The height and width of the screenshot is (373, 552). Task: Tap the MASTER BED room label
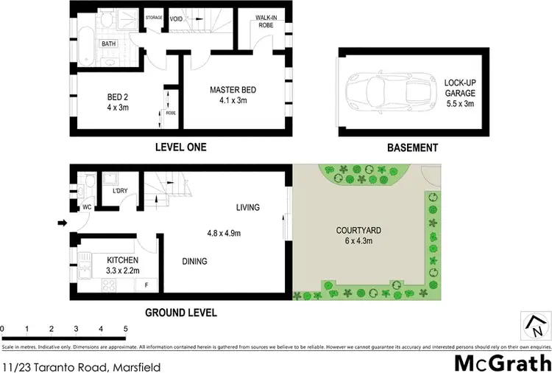pos(233,90)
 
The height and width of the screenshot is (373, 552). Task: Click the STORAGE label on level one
pos(154,17)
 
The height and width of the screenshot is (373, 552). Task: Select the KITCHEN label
pos(121,260)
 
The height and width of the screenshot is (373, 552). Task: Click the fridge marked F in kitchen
pos(146,284)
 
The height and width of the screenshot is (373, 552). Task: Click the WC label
pos(86,207)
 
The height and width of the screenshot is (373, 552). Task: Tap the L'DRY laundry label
pos(120,192)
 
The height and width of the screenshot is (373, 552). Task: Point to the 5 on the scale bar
pos(125,329)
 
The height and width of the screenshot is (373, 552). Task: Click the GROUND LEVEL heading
pos(180,313)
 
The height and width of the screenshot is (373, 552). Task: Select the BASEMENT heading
pos(412,147)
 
